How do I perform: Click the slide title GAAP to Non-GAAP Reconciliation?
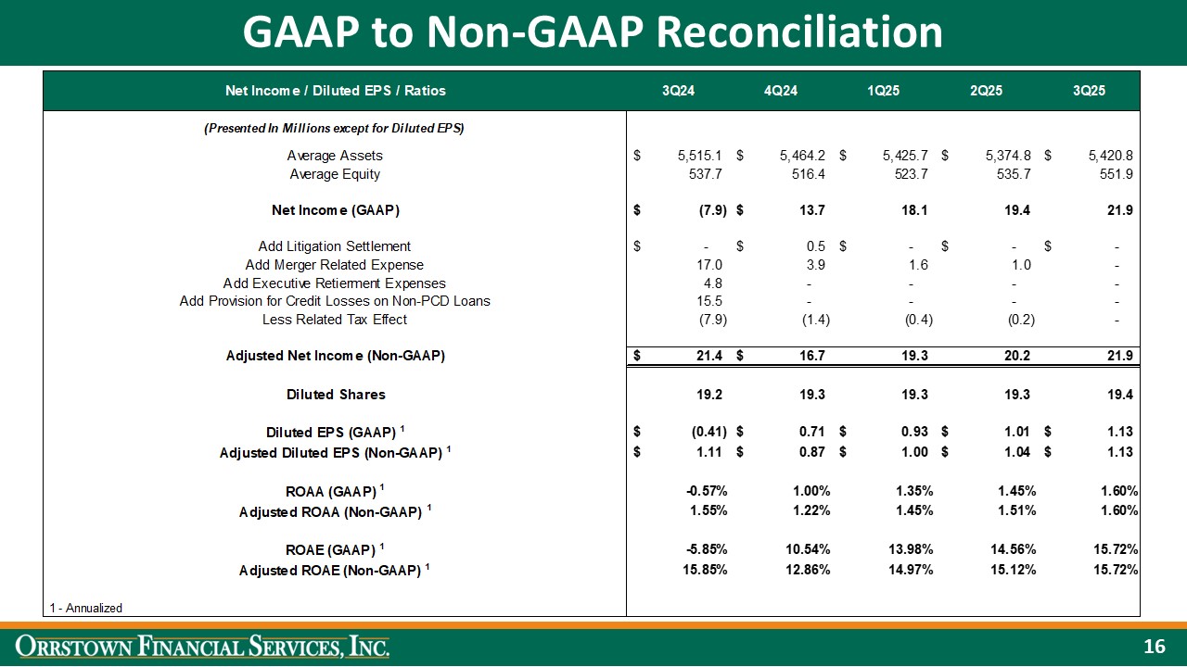point(593,32)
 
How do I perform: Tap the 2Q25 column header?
point(986,91)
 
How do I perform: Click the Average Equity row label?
point(335,174)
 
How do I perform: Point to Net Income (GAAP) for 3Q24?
point(712,210)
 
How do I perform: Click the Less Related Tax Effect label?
point(335,320)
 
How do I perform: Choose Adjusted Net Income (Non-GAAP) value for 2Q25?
point(1018,356)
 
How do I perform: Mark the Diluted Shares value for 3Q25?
point(1119,395)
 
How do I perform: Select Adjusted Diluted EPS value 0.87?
point(811,452)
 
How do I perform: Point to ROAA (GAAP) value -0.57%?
point(705,491)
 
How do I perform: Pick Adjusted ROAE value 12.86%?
point(806,570)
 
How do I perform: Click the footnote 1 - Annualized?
point(85,608)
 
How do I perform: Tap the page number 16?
point(1155,648)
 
